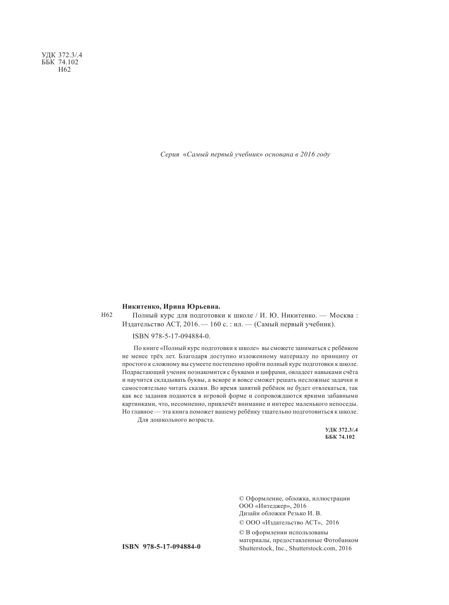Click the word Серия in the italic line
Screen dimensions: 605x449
point(170,155)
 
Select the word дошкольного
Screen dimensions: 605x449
point(168,420)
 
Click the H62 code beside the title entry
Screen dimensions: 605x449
point(106,315)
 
